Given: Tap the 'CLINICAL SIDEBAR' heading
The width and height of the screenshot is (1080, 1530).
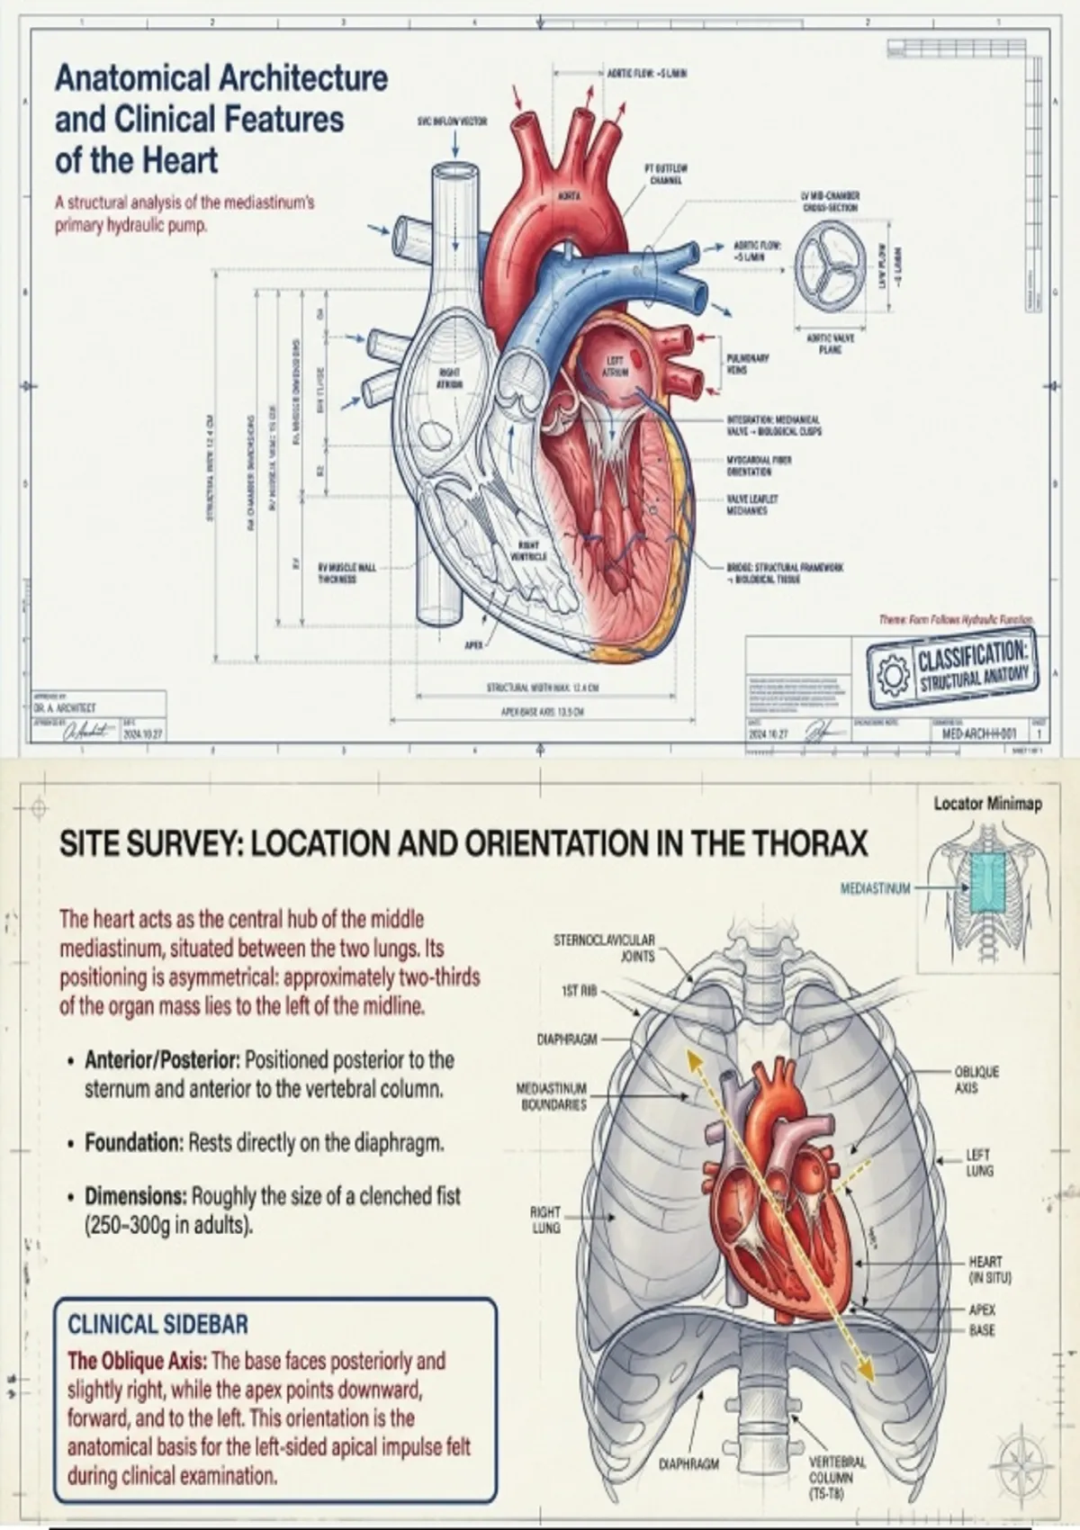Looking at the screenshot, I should pos(157,1324).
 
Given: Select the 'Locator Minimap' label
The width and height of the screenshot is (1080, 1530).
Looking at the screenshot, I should pos(987,804).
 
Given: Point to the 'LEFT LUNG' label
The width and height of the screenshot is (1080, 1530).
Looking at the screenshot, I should pos(979,1162).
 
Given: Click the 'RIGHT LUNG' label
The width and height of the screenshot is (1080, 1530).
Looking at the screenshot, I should pos(545,1219).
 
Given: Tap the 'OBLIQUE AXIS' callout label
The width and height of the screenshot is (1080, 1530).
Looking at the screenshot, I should pos(976,1080).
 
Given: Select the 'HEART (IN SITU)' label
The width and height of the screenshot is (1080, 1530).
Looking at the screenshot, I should pos(985,1269).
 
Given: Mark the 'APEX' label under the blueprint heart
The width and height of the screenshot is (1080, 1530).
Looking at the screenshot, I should pos(474,644).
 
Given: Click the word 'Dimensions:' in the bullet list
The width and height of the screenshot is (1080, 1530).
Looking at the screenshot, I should pos(135,1197).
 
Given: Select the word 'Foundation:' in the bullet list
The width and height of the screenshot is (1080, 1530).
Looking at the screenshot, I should pos(134,1143).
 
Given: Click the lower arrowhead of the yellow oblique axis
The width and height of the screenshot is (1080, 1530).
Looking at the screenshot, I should pos(866,1370).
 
